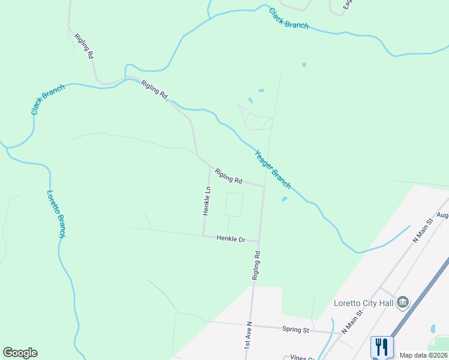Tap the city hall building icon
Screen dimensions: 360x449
point(403,302)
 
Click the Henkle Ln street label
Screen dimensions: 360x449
point(206,200)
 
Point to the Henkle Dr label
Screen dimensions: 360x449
point(231,239)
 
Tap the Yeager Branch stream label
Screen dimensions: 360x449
point(273,169)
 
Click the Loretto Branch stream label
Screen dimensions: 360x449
point(55,214)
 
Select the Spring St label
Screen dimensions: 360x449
point(295,329)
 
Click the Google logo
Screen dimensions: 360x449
point(20,353)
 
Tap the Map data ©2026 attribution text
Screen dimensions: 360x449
point(423,355)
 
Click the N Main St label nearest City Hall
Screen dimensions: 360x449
point(352,322)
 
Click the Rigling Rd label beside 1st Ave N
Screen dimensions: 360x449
point(256,266)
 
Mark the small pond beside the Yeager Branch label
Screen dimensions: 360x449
point(284,199)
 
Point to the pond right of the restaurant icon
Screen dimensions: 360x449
point(432,329)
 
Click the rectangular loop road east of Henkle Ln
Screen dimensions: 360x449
point(234,205)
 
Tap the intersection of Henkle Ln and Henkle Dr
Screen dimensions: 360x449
point(204,235)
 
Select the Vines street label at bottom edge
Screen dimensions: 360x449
point(303,358)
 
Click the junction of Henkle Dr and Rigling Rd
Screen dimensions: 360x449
point(259,242)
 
